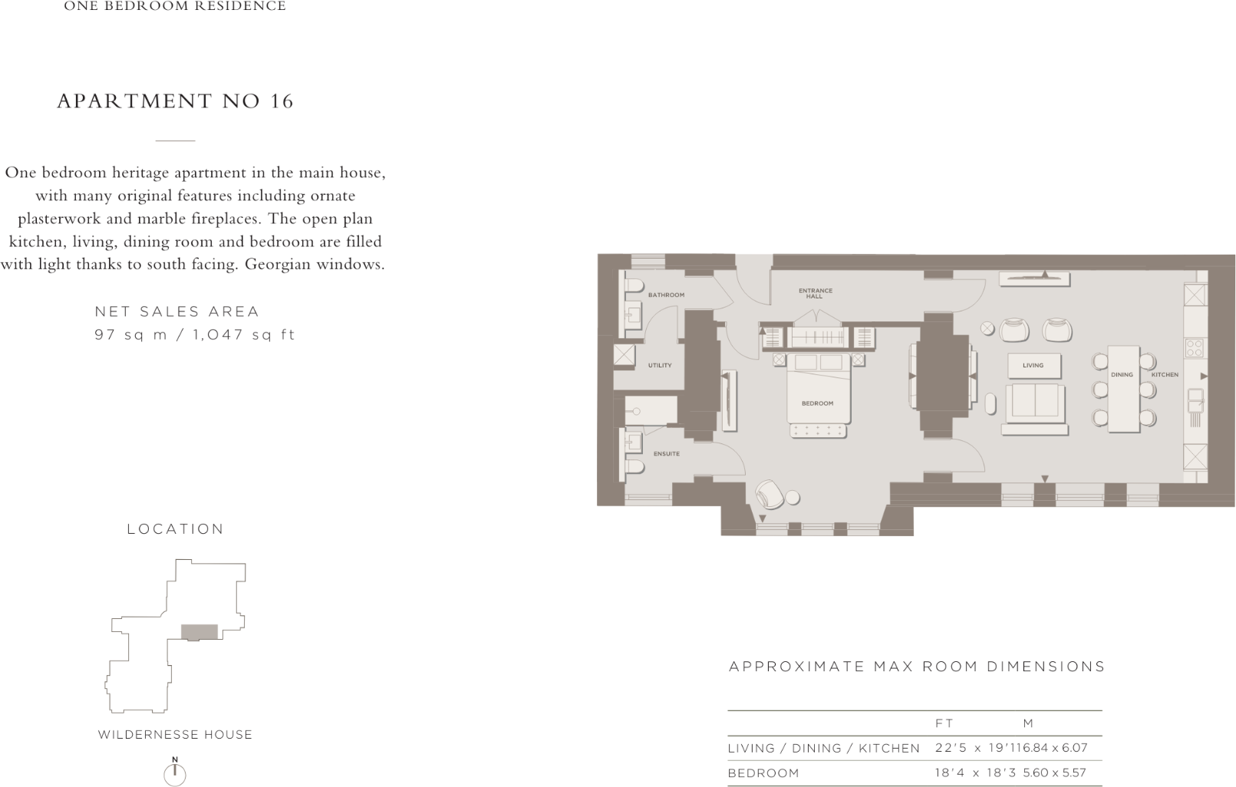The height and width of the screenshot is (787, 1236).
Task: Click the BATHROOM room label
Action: pyautogui.click(x=665, y=295)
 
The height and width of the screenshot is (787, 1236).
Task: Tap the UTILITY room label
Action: pyautogui.click(x=660, y=365)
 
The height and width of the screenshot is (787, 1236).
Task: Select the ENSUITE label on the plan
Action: pyautogui.click(x=666, y=454)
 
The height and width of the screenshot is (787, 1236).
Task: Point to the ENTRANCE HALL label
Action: pyautogui.click(x=815, y=293)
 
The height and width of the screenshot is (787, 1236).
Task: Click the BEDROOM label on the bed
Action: pyautogui.click(x=817, y=403)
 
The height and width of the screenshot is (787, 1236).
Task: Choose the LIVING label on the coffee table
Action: pyautogui.click(x=1033, y=366)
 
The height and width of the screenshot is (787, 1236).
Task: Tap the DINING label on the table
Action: pyautogui.click(x=1122, y=375)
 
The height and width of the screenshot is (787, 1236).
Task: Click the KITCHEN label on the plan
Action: pyautogui.click(x=1165, y=375)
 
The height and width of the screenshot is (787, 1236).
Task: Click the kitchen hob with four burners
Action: pyautogui.click(x=1194, y=347)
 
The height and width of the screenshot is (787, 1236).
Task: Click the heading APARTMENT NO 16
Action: pyautogui.click(x=175, y=101)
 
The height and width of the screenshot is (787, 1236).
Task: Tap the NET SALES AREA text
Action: pyautogui.click(x=177, y=311)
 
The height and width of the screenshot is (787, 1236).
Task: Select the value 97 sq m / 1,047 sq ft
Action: pyautogui.click(x=195, y=334)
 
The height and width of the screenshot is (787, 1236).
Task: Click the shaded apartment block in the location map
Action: pyautogui.click(x=199, y=632)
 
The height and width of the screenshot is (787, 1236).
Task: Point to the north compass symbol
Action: pyautogui.click(x=175, y=772)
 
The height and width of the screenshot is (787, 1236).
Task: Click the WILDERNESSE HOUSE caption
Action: pyautogui.click(x=175, y=735)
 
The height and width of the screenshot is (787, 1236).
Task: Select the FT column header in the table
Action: pyautogui.click(x=944, y=723)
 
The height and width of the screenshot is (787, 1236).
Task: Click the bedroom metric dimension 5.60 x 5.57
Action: pyautogui.click(x=1054, y=773)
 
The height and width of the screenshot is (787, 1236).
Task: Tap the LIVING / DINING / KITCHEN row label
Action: pyautogui.click(x=823, y=748)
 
